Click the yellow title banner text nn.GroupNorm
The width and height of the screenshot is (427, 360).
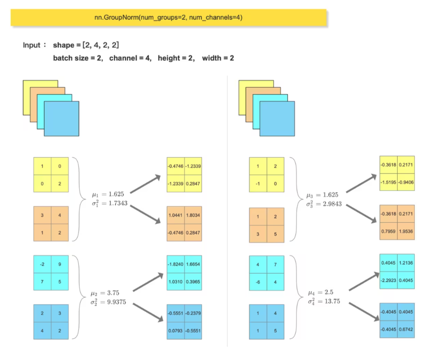click(x=169, y=18)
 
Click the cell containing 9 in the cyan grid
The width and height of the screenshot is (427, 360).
click(x=60, y=264)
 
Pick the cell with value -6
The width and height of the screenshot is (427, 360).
click(x=258, y=282)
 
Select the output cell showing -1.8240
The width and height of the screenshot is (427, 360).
click(x=176, y=265)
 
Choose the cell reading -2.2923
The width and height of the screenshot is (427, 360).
click(x=388, y=280)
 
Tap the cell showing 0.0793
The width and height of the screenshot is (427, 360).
click(x=176, y=331)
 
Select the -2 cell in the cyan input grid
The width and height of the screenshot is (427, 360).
click(x=42, y=264)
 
